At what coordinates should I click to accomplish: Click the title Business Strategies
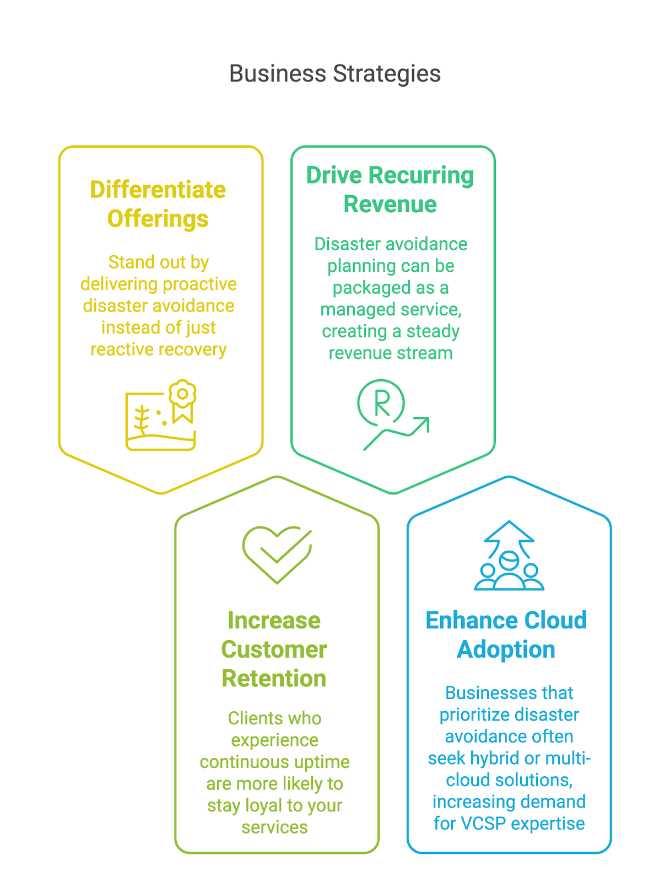tap(335, 73)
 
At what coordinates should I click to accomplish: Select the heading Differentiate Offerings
tap(158, 204)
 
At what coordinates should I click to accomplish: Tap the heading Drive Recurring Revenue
tap(390, 189)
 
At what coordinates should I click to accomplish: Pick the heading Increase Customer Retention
tap(274, 649)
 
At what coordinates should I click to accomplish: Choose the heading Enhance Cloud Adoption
tap(506, 634)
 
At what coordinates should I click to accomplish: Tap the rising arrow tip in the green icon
tap(428, 419)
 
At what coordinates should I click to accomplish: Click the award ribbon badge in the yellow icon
tap(183, 401)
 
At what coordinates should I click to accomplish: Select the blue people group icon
tap(509, 555)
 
